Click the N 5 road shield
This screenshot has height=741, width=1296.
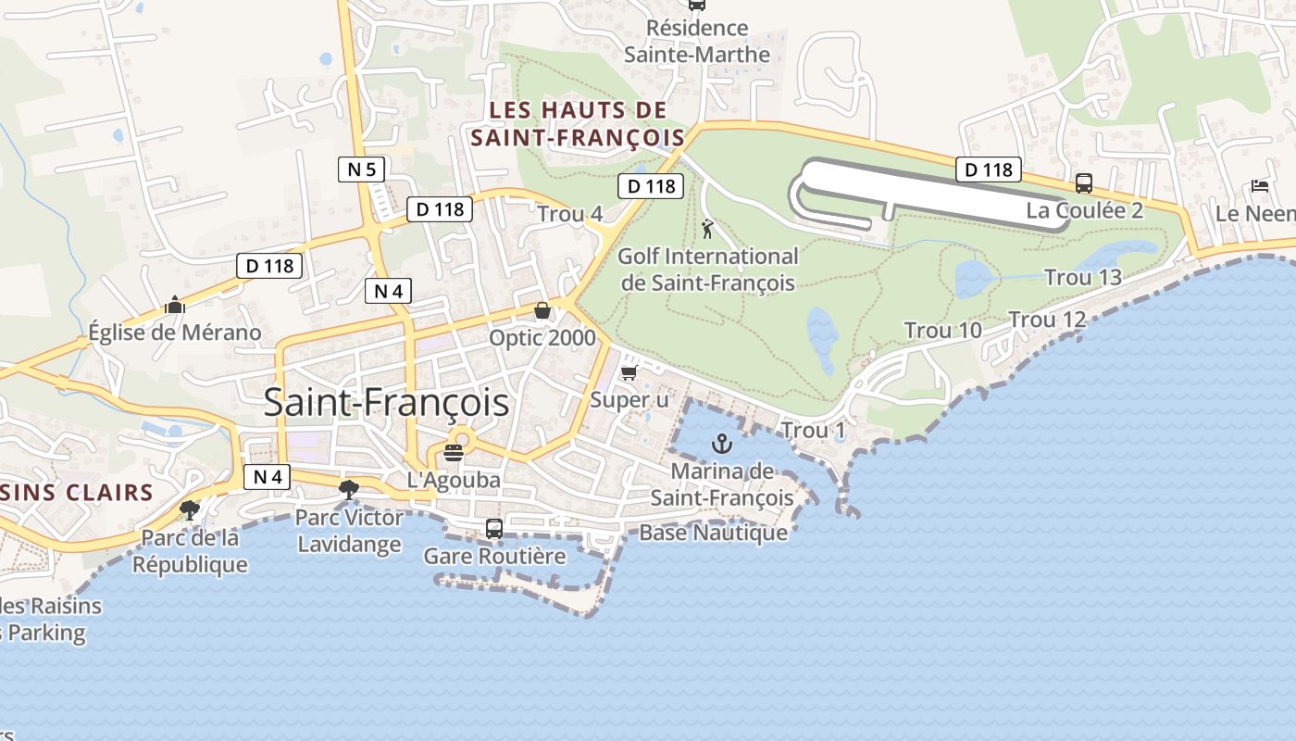click(x=361, y=169)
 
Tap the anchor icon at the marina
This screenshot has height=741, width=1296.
click(x=721, y=445)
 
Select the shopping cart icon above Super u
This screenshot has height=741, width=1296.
click(x=629, y=372)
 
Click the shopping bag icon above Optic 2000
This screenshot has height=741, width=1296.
click(x=542, y=310)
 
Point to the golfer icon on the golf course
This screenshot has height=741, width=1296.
click(x=708, y=228)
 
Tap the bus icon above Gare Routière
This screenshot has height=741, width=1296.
click(x=494, y=529)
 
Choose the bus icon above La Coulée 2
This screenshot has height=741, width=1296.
click(x=1083, y=182)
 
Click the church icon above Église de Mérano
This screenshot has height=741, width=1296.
click(x=174, y=304)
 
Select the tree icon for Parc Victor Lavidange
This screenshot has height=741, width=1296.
click(x=349, y=489)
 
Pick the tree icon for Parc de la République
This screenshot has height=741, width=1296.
click(x=190, y=509)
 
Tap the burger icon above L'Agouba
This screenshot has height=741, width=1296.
click(x=454, y=452)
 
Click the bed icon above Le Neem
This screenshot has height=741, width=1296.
click(x=1259, y=186)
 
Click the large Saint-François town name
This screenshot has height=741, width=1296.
click(x=386, y=403)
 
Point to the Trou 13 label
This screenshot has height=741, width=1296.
click(x=1082, y=277)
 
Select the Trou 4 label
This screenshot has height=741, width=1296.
click(x=569, y=214)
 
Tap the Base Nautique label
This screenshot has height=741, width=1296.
click(x=713, y=533)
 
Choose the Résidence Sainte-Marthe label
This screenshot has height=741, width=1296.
click(x=697, y=42)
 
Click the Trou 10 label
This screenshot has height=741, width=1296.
click(x=942, y=331)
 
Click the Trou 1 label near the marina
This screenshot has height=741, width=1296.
click(x=813, y=431)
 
